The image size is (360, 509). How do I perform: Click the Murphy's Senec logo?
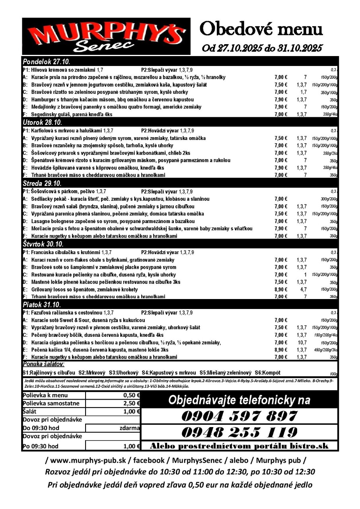[106, 36]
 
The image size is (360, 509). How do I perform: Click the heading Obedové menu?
[261, 29]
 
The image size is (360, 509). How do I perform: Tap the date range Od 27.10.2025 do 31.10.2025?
[262, 48]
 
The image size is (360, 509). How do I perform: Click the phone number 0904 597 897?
[239, 416]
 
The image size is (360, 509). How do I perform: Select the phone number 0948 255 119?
[239, 432]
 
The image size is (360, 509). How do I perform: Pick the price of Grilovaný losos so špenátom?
[280, 289]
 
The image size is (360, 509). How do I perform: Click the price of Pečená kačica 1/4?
[280, 350]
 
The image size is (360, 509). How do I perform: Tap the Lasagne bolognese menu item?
[113, 221]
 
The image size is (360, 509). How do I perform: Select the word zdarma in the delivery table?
[129, 428]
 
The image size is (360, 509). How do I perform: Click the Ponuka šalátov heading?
[43, 364]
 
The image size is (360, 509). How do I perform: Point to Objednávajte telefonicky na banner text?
[239, 400]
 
